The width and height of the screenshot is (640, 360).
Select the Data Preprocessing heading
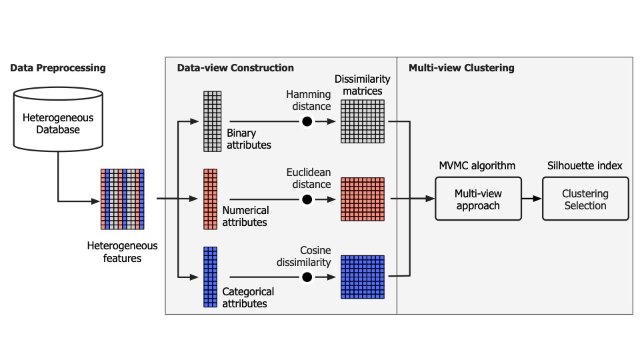tap(57, 68)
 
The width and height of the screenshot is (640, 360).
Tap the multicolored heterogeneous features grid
tap(123, 199)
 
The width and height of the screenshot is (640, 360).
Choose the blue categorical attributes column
tap(211, 276)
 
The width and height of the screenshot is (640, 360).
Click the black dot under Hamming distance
tap(307, 121)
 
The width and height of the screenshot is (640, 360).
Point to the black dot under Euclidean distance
tap(307, 199)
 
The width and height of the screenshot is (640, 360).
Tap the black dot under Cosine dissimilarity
tap(307, 277)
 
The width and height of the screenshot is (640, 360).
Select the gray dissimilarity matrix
tap(363, 121)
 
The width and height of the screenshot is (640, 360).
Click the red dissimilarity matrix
tap(363, 199)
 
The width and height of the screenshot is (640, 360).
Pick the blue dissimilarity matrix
tap(363, 277)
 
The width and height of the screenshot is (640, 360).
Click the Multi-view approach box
tap(478, 199)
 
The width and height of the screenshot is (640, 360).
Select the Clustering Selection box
tap(585, 199)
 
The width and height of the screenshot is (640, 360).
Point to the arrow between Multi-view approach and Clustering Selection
tap(531, 199)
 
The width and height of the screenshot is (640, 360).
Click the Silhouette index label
tap(585, 165)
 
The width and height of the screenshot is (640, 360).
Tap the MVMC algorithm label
tap(478, 165)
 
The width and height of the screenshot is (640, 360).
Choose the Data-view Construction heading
tap(235, 68)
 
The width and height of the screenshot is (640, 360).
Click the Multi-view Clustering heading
tap(461, 68)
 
